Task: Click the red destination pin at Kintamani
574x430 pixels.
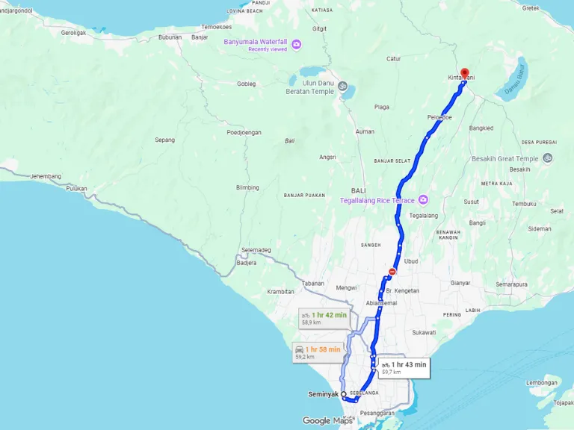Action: pyautogui.click(x=464, y=73)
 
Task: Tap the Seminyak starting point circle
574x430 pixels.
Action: pyautogui.click(x=344, y=394)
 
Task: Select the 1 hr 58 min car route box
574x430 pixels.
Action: pyautogui.click(x=318, y=352)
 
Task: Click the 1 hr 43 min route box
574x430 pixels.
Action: pyautogui.click(x=402, y=367)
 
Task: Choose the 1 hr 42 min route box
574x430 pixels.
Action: pyautogui.click(x=324, y=318)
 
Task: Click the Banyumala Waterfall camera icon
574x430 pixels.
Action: pyautogui.click(x=296, y=45)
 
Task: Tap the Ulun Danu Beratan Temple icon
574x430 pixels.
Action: pyautogui.click(x=342, y=87)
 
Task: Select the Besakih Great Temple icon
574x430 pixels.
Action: pyautogui.click(x=548, y=158)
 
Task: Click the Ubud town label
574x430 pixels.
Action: pyautogui.click(x=411, y=261)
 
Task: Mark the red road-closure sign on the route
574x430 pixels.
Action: pyautogui.click(x=392, y=272)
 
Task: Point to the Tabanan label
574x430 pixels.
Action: pyautogui.click(x=313, y=283)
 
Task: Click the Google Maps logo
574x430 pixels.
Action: pyautogui.click(x=327, y=420)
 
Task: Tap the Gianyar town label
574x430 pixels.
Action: pyautogui.click(x=460, y=283)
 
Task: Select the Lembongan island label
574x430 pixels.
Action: pyautogui.click(x=543, y=383)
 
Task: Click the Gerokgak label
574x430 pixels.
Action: pyautogui.click(x=74, y=33)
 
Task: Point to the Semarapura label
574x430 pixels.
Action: pyautogui.click(x=511, y=284)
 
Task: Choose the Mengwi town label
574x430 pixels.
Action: pyautogui.click(x=346, y=287)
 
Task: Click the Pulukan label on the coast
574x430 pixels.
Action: pyautogui.click(x=76, y=189)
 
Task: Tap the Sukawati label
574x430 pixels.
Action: pyautogui.click(x=423, y=332)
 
